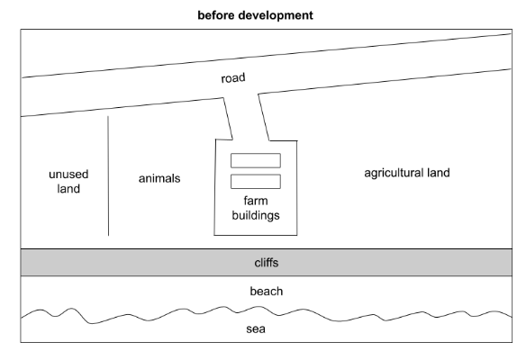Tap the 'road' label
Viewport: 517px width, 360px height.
233,78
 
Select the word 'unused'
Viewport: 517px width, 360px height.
68,174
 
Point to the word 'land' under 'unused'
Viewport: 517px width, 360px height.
68,188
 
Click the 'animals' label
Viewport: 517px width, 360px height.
159,178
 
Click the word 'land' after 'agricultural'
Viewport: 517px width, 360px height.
436,173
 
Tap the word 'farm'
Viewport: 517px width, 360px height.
256,201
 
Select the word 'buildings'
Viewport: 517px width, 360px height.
256,215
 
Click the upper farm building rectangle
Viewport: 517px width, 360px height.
256,160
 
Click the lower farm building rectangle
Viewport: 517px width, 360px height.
256,182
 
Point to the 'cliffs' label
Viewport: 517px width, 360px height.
267,263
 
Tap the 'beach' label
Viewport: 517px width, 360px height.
267,292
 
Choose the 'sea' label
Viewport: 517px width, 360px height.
256,328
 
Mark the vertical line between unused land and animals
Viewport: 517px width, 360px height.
108,175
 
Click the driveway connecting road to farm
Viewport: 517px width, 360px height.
246,117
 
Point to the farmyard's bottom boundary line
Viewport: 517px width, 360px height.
256,235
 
